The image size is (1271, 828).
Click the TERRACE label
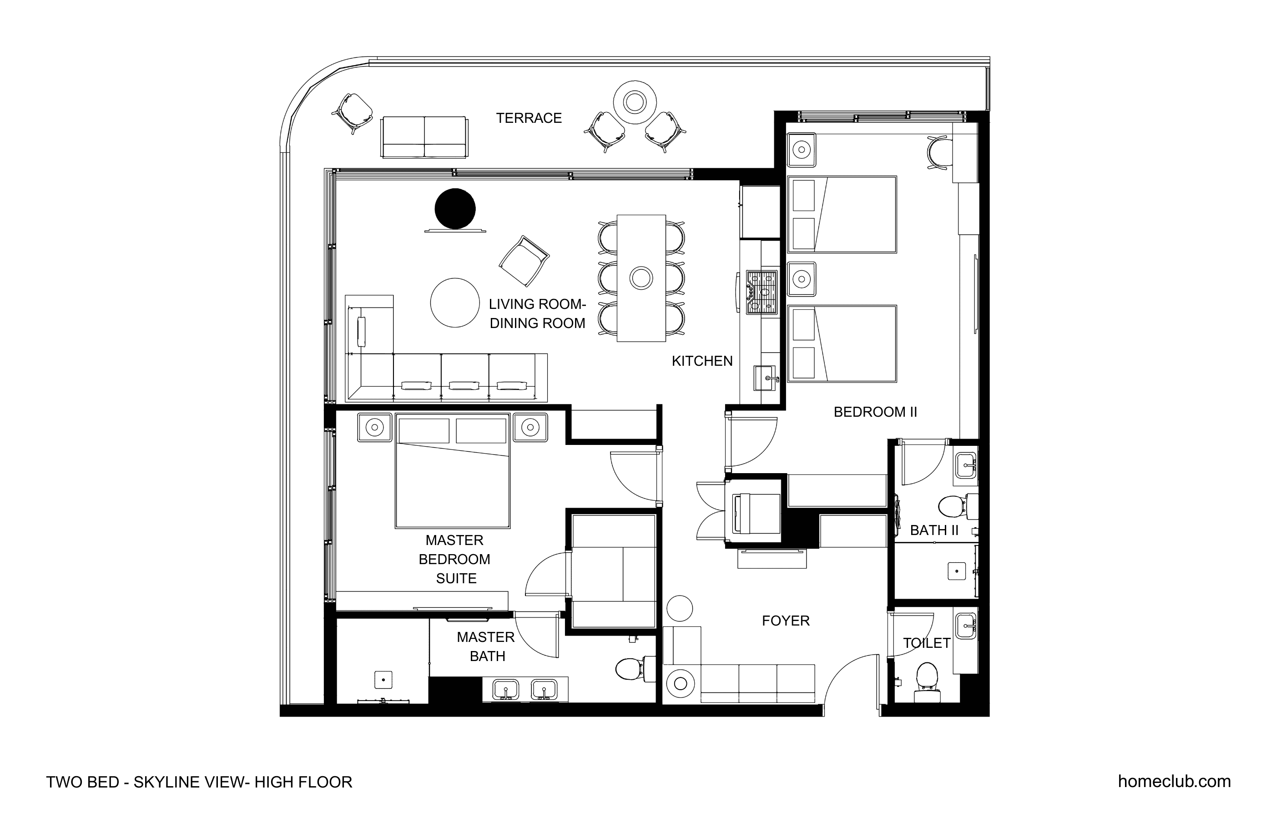(x=529, y=118)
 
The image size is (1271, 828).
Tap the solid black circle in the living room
(x=455, y=209)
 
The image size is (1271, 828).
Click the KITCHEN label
(x=702, y=361)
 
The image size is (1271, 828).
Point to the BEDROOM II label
(x=875, y=412)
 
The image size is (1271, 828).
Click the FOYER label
(x=786, y=621)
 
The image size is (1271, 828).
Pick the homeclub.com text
(x=1175, y=782)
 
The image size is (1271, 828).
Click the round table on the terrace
(x=635, y=102)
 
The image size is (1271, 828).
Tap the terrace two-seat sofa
(x=424, y=137)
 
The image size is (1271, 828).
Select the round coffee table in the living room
(x=455, y=303)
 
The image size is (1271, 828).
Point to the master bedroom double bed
(x=452, y=470)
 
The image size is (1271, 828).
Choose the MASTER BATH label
(x=486, y=646)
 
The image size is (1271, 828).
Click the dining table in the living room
(x=641, y=278)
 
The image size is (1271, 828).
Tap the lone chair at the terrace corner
(x=353, y=112)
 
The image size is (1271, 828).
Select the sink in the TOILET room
(x=966, y=626)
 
